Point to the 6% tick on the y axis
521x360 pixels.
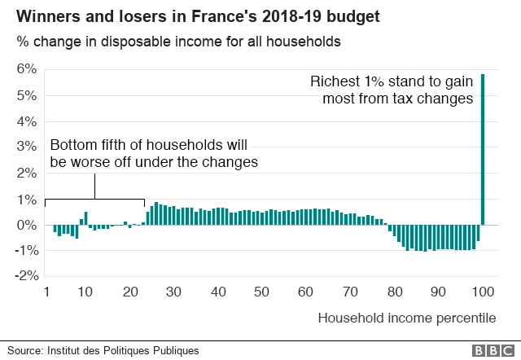pyautogui.click(x=27, y=69)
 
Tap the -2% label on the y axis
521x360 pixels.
pyautogui.click(x=26, y=276)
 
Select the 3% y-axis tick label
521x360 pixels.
pyautogui.click(x=27, y=147)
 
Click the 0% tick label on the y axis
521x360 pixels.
pyautogui.click(x=27, y=225)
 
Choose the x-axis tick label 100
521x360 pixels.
pyautogui.click(x=482, y=292)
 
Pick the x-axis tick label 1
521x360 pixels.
pyautogui.click(x=46, y=292)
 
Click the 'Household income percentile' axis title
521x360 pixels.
pyautogui.click(x=406, y=317)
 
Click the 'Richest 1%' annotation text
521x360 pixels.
pyautogui.click(x=392, y=90)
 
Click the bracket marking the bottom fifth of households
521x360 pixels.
pyautogui.click(x=95, y=199)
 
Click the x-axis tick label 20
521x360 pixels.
pyautogui.click(x=132, y=292)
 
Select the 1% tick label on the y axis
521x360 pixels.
pyautogui.click(x=27, y=200)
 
